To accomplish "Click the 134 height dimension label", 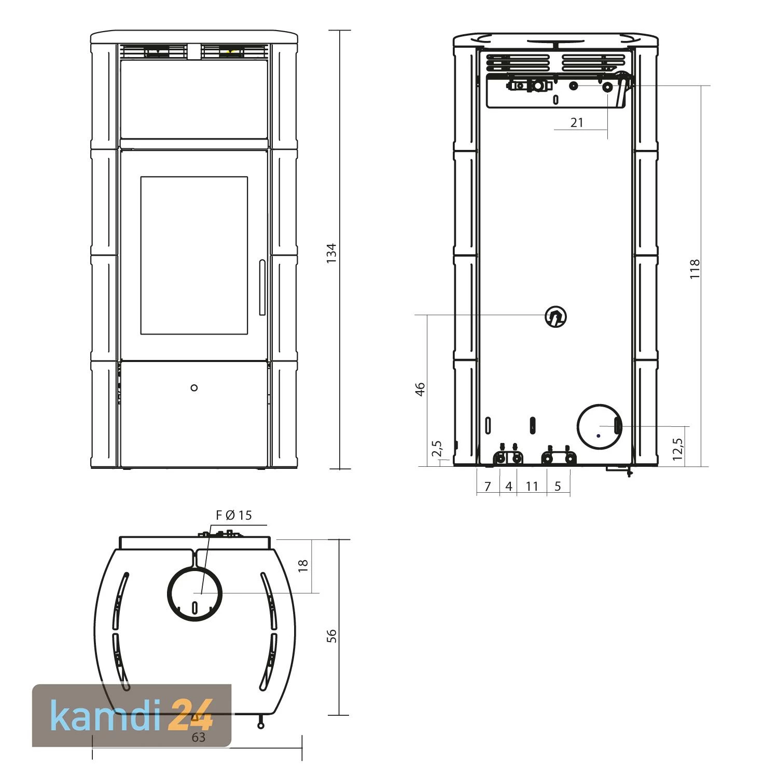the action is [x=331, y=253].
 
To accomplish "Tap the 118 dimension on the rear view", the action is [x=694, y=269].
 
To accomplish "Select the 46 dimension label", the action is [x=420, y=389].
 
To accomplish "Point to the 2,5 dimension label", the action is [x=436, y=449].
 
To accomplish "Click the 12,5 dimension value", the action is [x=677, y=449].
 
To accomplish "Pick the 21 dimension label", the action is [x=577, y=122].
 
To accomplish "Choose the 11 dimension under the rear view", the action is [x=532, y=486].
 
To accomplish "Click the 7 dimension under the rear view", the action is [x=488, y=487].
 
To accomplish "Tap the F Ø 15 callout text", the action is [x=233, y=515].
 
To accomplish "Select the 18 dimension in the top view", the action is [x=303, y=565].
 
